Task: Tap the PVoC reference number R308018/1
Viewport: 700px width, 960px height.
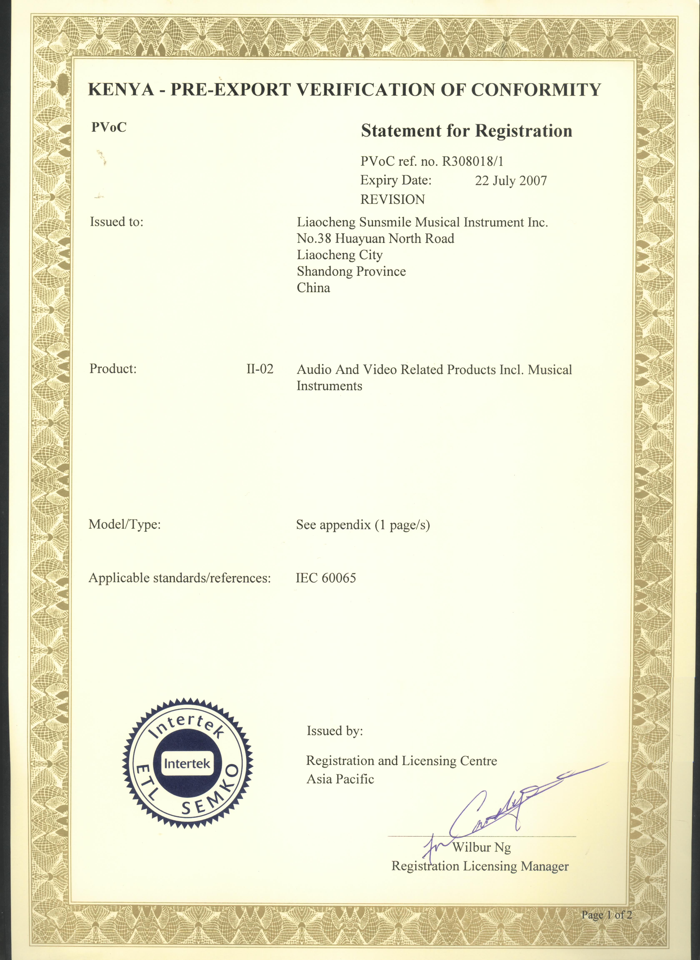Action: (x=473, y=161)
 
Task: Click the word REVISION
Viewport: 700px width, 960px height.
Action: (x=392, y=199)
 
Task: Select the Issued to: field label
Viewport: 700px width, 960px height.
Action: (x=116, y=222)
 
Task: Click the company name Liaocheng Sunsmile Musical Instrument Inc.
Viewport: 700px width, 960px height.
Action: (x=422, y=222)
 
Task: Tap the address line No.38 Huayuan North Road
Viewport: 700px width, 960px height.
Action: (x=375, y=239)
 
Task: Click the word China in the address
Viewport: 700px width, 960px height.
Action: (x=313, y=288)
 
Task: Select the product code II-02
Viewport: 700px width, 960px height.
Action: (x=260, y=369)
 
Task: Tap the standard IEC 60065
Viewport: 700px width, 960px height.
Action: (x=326, y=578)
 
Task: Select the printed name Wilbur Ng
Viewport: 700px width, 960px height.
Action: (x=481, y=847)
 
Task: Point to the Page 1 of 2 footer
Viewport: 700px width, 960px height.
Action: (x=606, y=915)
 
